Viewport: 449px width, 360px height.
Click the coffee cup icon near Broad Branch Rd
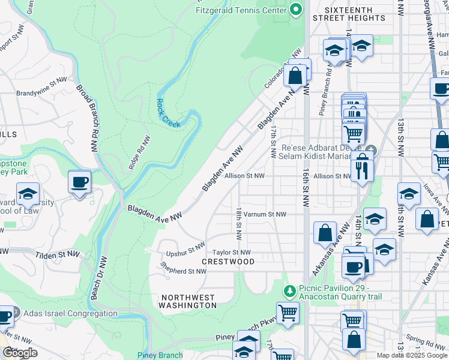point(79,182)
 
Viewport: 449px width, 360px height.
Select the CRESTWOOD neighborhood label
point(228,262)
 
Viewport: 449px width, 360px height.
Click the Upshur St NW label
point(187,248)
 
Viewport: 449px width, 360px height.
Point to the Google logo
point(20,353)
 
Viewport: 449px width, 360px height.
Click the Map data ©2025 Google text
point(412,355)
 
